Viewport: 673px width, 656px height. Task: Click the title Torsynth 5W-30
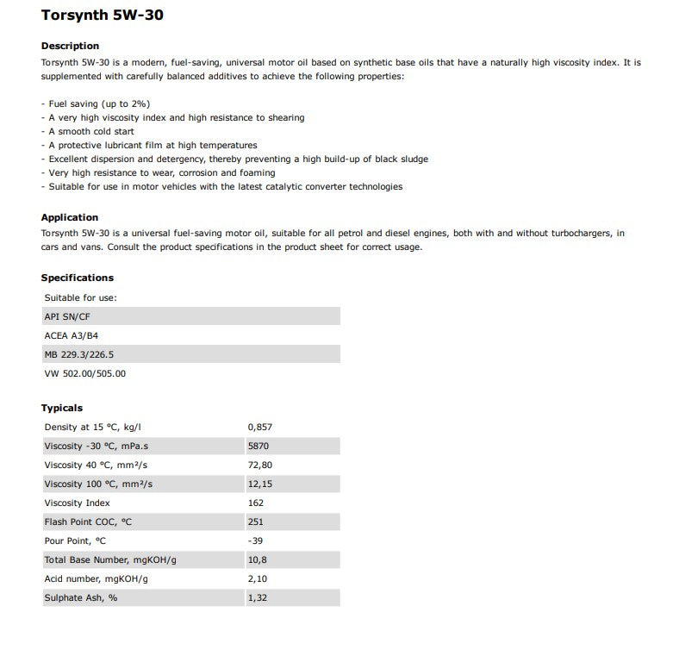(x=102, y=16)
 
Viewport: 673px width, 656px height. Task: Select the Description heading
(x=70, y=46)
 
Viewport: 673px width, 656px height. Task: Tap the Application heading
(x=70, y=217)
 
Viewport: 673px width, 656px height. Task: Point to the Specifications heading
(x=78, y=278)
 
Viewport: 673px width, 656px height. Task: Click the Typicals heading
(x=62, y=408)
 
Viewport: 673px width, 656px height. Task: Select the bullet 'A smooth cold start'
(x=88, y=131)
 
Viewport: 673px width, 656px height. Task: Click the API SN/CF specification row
(x=66, y=316)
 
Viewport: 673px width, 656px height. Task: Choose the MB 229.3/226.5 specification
(x=78, y=354)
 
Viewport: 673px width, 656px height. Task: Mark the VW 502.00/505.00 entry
(x=84, y=373)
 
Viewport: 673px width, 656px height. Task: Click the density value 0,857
(x=259, y=427)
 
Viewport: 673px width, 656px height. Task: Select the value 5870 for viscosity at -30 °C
(x=258, y=446)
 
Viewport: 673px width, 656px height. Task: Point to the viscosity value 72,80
(x=259, y=465)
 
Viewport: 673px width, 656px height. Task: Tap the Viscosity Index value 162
(x=255, y=503)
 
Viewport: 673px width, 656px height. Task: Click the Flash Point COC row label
(x=88, y=522)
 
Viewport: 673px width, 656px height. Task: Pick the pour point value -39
(x=255, y=540)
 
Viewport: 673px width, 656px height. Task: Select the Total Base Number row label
(x=109, y=559)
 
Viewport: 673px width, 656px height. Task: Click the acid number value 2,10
(x=258, y=578)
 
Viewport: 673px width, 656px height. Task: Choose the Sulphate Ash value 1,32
(x=258, y=597)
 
